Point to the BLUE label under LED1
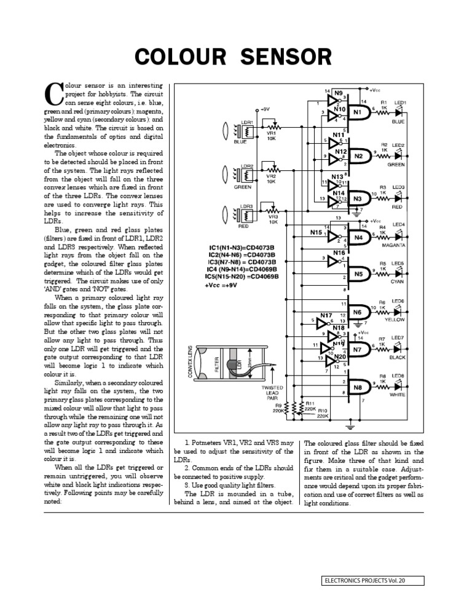[397, 122]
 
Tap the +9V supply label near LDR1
[265, 108]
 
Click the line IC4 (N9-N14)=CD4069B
[243, 269]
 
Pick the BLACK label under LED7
[397, 357]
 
